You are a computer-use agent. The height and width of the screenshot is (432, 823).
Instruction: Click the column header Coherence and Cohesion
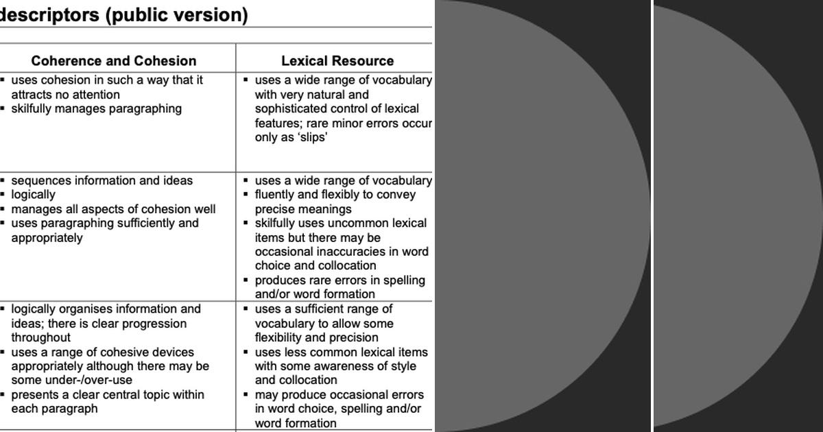pos(114,61)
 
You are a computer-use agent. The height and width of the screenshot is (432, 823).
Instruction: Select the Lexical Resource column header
pos(337,61)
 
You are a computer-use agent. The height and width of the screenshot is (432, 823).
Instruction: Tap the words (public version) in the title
pos(176,15)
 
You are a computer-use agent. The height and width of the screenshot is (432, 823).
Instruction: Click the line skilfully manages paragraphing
pos(96,108)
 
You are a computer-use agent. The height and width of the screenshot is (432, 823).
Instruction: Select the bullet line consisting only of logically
pos(33,195)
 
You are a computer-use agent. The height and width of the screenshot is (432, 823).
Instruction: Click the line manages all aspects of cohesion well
pos(113,209)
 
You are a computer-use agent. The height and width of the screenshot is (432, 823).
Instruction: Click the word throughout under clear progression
pos(40,337)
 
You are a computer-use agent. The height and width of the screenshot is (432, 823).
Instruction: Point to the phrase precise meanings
pos(303,209)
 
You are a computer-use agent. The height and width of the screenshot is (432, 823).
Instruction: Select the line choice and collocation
pos(315,265)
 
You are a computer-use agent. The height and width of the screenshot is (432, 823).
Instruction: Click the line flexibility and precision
pos(316,337)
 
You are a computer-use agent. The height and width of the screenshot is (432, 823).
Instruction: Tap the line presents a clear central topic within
pos(108,395)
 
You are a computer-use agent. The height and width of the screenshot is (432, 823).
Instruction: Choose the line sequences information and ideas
pos(102,180)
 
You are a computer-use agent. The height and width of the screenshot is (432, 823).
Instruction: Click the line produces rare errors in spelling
pos(339,280)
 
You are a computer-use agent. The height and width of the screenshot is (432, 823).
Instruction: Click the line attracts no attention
pos(65,95)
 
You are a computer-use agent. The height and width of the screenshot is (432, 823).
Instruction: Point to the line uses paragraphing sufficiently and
pos(105,224)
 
